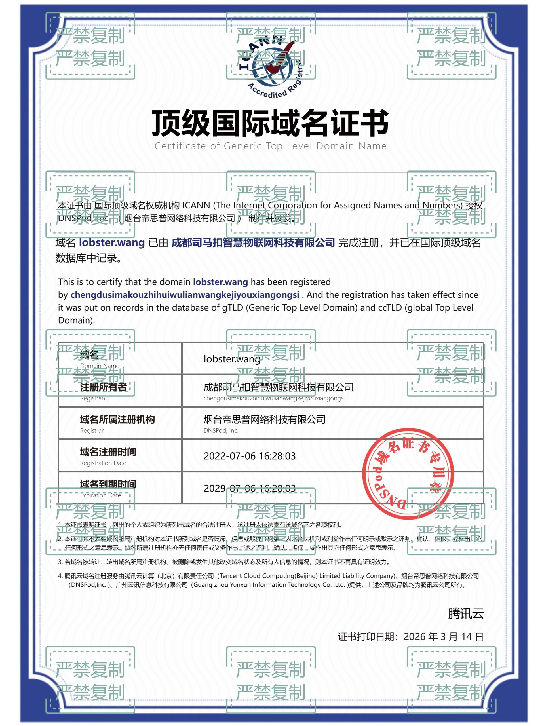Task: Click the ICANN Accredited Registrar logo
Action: pos(271,67)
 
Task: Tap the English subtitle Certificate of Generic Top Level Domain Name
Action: pos(270,146)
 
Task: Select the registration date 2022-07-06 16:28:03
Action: pos(249,456)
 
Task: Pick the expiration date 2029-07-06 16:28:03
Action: pos(249,488)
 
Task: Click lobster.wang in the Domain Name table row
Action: pos(232,359)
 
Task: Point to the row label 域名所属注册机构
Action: pos(117,420)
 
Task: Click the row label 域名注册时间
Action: pos(108,452)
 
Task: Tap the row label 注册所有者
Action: pos(103,387)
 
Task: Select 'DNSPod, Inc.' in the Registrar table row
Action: pos(221,430)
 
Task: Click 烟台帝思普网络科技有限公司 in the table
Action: pos(264,420)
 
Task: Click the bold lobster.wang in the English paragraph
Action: pos(220,282)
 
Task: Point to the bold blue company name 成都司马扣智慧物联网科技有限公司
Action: pos(253,243)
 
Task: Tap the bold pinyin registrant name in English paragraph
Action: pos(185,295)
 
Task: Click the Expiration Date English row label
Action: pos(100,495)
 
